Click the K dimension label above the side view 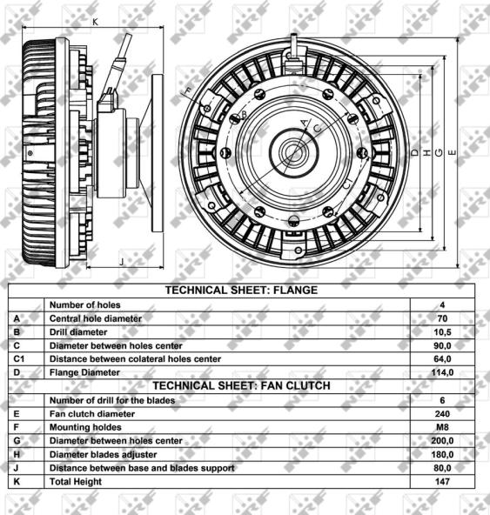pos(96,22)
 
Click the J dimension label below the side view pos(122,262)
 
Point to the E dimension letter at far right pos(453,153)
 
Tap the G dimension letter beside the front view pos(439,153)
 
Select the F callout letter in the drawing pos(188,91)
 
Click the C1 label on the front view pos(347,184)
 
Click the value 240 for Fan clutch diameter pos(442,414)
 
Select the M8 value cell pos(442,427)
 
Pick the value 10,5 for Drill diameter pos(442,332)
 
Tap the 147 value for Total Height pos(442,481)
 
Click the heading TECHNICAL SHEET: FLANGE pos(242,290)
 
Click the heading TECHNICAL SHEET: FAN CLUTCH pos(242,385)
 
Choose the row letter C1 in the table pos(19,359)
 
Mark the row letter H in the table pos(17,455)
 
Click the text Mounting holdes pos(85,427)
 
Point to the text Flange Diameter pos(84,372)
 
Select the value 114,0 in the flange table pos(442,372)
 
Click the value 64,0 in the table pos(442,359)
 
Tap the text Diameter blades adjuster pos(104,455)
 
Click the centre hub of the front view pos(293,153)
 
